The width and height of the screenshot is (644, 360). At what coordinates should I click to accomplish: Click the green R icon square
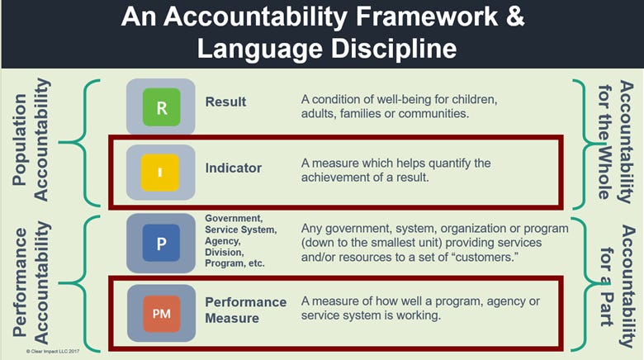tap(161, 108)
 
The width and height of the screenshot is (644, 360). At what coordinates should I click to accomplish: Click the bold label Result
tap(225, 102)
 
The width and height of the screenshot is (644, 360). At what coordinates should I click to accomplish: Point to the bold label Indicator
tap(234, 168)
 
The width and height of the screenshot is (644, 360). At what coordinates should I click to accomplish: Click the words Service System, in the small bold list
tap(241, 228)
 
